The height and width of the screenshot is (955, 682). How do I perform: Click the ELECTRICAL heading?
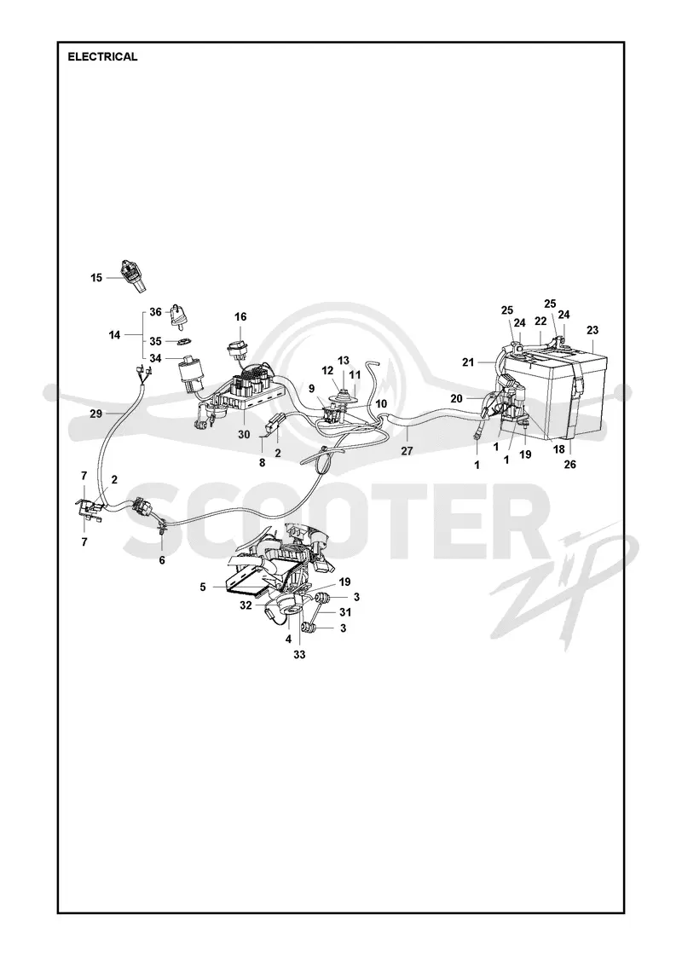point(102,56)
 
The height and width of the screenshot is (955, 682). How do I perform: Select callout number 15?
point(97,278)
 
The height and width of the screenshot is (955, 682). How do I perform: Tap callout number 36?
point(156,312)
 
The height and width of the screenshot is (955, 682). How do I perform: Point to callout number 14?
point(114,334)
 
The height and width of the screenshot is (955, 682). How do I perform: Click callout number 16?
point(240,316)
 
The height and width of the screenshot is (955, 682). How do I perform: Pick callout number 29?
point(96,414)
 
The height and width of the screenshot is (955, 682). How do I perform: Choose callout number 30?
point(244,435)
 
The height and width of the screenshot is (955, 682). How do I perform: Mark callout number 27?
point(407,451)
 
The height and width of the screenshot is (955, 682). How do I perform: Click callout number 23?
point(592,330)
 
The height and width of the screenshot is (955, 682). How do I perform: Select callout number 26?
point(570,465)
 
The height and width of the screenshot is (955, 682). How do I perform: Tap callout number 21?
point(468,362)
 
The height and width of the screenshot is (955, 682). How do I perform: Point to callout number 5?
point(203,587)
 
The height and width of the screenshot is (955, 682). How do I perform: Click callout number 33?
point(299,656)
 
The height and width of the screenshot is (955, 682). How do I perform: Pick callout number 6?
point(162,560)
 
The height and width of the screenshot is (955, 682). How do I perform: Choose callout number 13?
point(344,361)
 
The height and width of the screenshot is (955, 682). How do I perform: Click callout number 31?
point(345,612)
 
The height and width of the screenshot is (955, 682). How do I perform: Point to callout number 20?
point(457,398)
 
